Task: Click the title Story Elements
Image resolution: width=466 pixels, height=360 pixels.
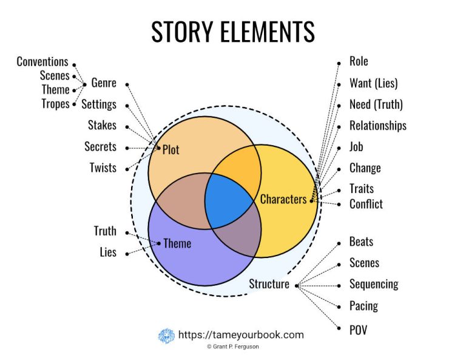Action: pos(233,32)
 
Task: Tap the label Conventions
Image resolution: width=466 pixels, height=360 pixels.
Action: pos(42,61)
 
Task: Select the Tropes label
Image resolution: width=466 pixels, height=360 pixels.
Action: pos(55,104)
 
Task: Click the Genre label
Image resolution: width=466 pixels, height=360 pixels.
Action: pos(104,83)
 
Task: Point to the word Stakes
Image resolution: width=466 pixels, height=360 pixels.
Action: pos(102,126)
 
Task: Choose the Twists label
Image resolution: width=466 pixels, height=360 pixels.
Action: pos(103,168)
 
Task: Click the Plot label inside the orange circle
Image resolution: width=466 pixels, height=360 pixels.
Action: pos(171,149)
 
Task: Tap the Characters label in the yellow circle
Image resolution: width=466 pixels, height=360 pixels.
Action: pos(283,199)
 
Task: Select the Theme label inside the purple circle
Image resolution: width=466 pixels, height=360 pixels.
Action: pos(177,243)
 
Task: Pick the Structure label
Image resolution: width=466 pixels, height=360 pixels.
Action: pos(269,284)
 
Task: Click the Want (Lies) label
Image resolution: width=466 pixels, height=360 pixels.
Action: pos(373,83)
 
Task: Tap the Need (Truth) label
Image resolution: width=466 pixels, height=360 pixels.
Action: pos(376,104)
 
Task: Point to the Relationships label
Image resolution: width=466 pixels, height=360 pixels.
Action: pos(377,126)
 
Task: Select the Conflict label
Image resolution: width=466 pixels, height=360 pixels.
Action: pos(366,204)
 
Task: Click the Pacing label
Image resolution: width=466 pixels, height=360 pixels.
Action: pos(363,305)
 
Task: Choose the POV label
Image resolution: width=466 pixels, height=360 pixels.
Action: pos(358,330)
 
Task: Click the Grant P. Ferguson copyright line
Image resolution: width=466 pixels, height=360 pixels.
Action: pos(232,348)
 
